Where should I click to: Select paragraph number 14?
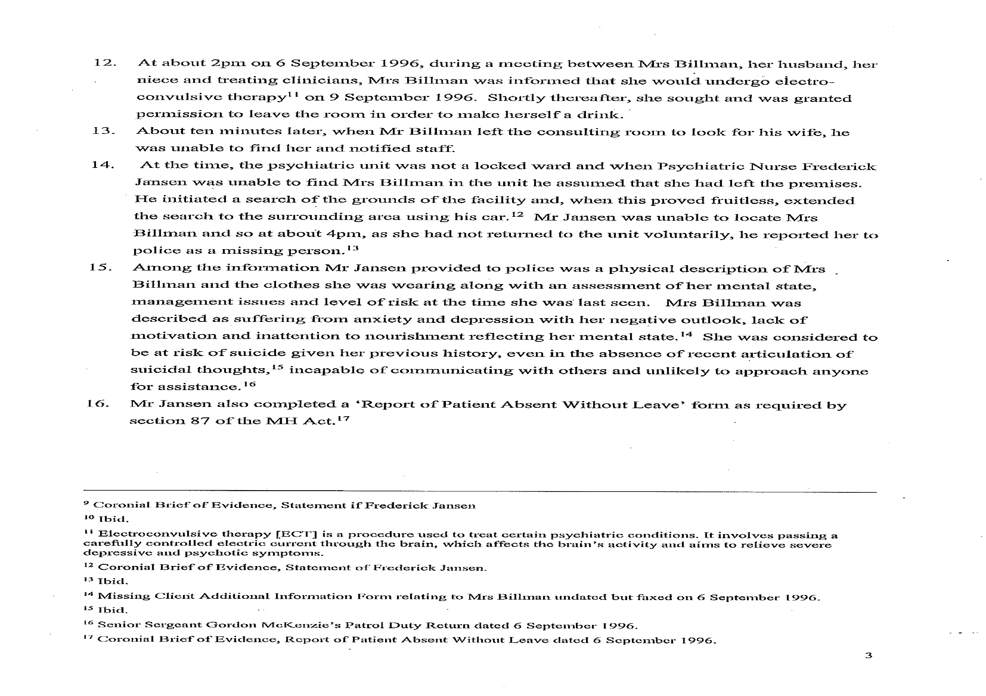[103, 165]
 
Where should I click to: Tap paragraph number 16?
[98, 404]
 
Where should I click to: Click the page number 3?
[868, 656]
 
